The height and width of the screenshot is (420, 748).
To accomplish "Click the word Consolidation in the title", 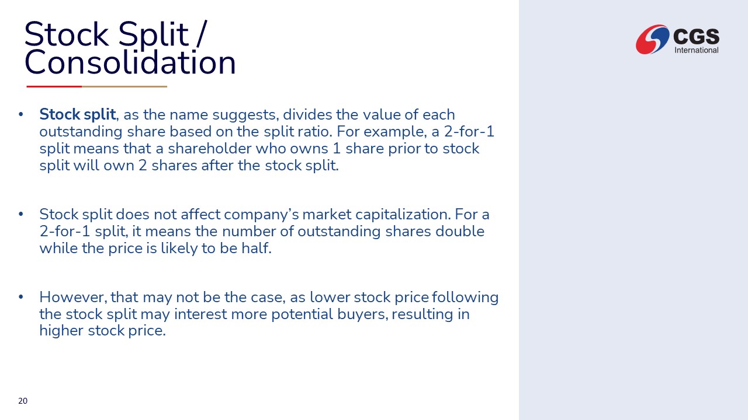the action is coord(130,62).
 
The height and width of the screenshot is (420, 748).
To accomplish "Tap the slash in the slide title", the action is coord(202,34).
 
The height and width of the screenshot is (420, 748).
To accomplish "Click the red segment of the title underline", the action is coord(54,87).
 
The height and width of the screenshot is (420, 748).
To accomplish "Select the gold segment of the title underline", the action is coord(124,87).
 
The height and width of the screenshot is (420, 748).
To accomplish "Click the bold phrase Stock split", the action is coord(78,115).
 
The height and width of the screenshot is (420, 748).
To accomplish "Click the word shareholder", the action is coord(210,148).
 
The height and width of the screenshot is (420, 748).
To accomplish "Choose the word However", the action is coord(74,297).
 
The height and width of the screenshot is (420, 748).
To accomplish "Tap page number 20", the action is coord(23,401).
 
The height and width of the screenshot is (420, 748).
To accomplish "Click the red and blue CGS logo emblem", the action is coord(653,39).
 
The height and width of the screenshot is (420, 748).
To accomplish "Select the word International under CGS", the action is coord(696,50).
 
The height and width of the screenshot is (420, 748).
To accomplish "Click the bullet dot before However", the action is coord(20,297).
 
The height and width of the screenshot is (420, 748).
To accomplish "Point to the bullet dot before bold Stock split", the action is coord(20,114).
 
